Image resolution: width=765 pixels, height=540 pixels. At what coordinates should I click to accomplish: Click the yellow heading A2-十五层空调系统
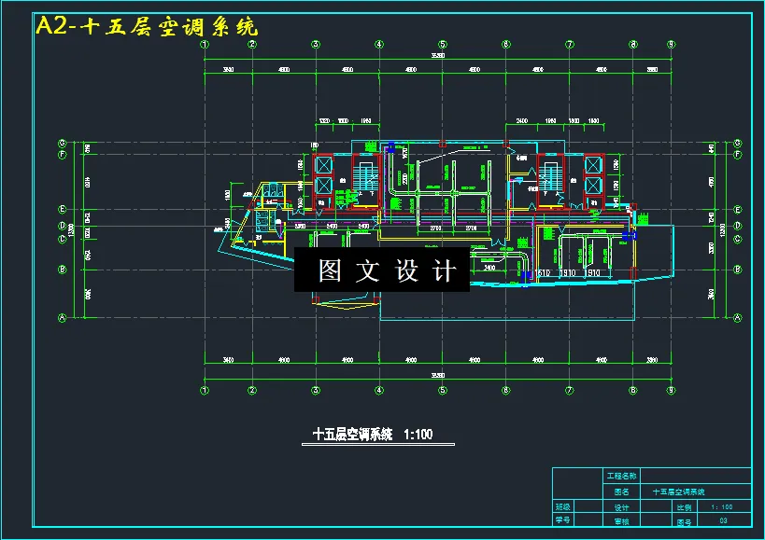point(146,27)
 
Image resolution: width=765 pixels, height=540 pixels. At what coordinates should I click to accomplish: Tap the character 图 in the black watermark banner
point(329,271)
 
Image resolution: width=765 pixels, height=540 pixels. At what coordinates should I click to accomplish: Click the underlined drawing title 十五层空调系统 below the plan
point(352,435)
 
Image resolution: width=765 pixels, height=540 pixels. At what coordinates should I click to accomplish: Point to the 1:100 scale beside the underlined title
point(417,435)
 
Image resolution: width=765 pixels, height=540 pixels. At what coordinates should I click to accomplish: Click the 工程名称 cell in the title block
point(622,476)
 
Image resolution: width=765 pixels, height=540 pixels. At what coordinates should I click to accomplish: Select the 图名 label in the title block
point(622,492)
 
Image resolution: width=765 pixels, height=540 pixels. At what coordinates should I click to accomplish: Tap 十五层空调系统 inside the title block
point(678,492)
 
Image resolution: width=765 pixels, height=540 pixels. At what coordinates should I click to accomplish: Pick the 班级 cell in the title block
point(562,507)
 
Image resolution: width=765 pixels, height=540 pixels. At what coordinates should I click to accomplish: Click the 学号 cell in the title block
point(562,521)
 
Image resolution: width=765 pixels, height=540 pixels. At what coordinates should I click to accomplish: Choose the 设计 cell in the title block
point(622,507)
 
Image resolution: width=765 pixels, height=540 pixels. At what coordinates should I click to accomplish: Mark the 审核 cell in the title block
point(622,521)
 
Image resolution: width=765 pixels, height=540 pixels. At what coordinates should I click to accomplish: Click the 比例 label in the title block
point(683,507)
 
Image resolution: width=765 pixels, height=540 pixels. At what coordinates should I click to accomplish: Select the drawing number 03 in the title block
point(722,521)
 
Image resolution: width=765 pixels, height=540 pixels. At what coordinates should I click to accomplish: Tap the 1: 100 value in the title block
point(722,507)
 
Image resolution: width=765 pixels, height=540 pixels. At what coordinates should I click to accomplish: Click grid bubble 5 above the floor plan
point(443,44)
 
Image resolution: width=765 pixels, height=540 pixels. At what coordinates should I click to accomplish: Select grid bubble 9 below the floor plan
point(671,390)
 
